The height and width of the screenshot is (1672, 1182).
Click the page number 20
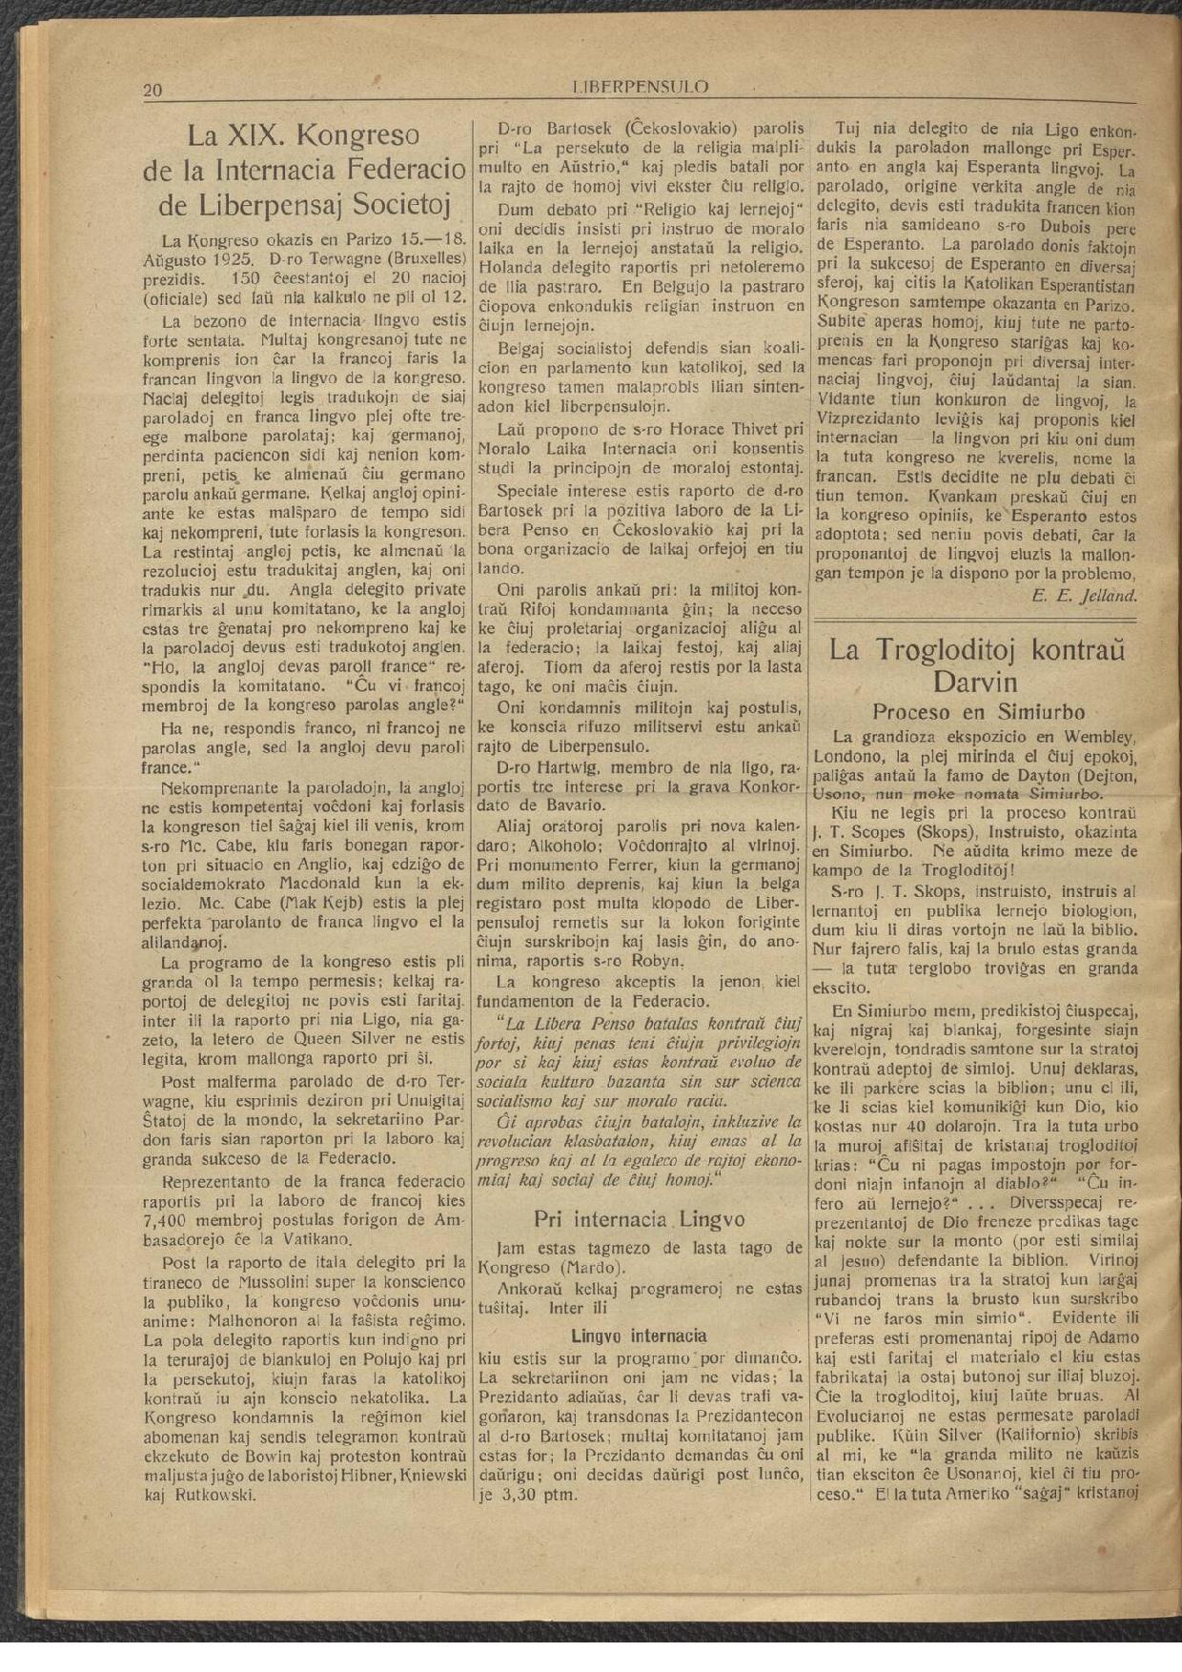pos(153,91)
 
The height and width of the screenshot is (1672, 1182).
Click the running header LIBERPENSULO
pos(642,87)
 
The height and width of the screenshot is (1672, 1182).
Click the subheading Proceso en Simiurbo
pos(978,711)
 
